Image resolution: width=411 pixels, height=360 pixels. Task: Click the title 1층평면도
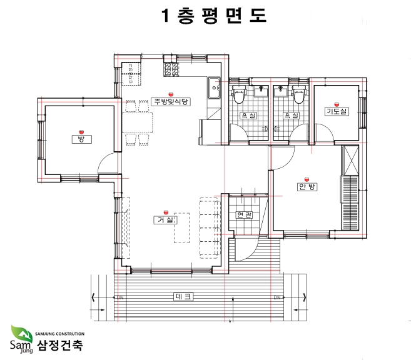coord(214,16)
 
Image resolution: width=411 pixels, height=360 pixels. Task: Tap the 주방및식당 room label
coord(171,102)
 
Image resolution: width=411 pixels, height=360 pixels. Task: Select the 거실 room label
coord(165,220)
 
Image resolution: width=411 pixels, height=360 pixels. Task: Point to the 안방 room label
coord(307,187)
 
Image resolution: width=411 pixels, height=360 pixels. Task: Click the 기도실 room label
coord(337,111)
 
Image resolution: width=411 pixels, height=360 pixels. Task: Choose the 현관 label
coord(244,215)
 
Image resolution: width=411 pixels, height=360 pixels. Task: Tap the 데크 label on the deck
coord(183,297)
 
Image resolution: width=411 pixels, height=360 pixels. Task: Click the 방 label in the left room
coord(82,139)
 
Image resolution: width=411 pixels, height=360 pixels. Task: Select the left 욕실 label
coord(248,116)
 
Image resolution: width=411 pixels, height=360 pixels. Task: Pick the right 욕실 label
coord(291,116)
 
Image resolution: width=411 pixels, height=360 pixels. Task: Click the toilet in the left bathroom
coord(239,94)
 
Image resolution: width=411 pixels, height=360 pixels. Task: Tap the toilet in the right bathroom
coord(298,94)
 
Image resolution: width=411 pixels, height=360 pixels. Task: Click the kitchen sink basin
coord(214,87)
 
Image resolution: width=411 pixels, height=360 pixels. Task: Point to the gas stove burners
coord(171,69)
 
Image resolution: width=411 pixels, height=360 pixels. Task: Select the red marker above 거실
coord(166,212)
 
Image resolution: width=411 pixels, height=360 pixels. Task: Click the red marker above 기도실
coord(337,104)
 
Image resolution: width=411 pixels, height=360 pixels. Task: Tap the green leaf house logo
coord(21,333)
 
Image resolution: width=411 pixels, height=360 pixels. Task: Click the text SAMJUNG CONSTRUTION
coord(60,334)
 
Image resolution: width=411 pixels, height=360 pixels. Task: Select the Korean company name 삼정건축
coord(60,345)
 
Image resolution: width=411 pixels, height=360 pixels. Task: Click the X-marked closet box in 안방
coord(351,161)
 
